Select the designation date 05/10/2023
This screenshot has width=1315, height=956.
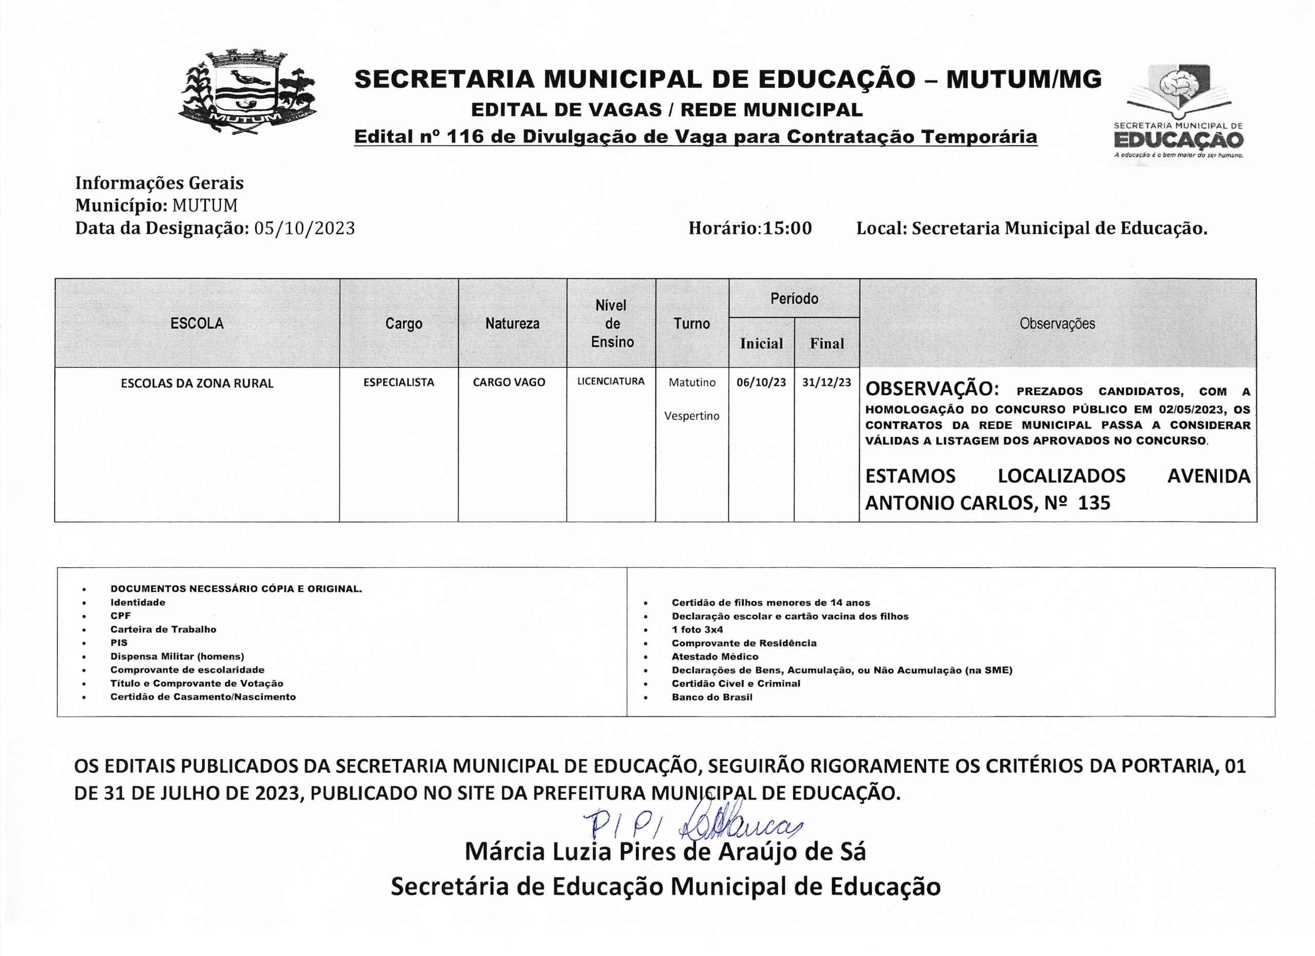305,229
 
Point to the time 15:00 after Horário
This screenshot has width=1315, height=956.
787,229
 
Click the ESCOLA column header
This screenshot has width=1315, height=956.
197,324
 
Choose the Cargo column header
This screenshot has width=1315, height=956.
404,324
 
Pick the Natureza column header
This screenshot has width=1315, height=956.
512,324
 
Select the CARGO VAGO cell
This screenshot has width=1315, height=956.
509,383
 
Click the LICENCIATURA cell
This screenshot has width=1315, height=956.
611,382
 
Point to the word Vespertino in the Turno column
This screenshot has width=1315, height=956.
692,416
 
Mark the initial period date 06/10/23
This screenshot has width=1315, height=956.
761,383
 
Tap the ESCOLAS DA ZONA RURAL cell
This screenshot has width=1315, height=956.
197,384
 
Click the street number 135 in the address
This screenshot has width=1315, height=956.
1094,502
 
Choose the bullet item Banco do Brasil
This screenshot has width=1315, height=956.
712,698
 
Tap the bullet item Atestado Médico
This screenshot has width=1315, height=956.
715,657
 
